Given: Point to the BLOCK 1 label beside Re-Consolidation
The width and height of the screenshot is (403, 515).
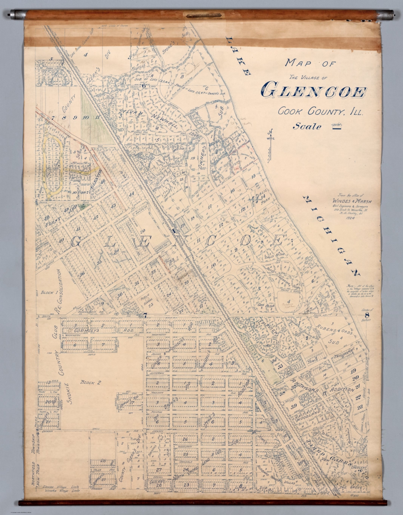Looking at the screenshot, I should click(x=48, y=292).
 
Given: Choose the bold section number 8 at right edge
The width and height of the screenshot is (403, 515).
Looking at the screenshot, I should click(x=367, y=315).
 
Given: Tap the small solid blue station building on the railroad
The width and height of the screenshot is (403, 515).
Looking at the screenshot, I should click(x=174, y=230).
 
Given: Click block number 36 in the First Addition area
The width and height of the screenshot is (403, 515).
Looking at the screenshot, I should click(x=82, y=274).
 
